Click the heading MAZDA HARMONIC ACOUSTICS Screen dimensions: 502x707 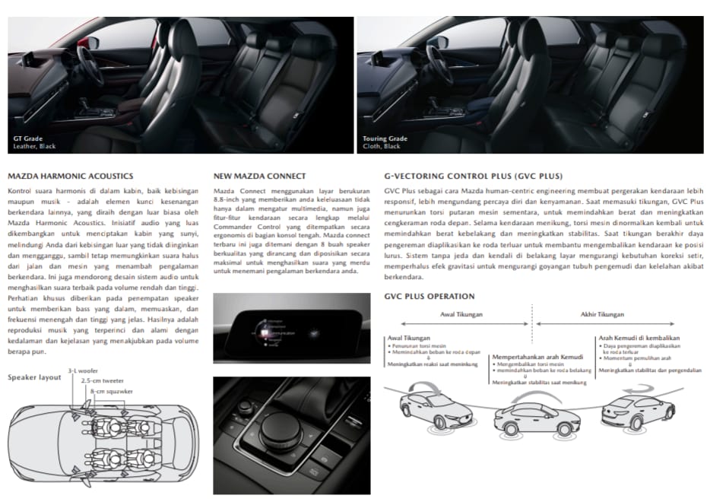[70, 176]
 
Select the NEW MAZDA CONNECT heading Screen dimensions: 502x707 [259, 176]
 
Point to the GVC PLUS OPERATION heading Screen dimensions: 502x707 [430, 296]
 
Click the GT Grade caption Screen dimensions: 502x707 [29, 138]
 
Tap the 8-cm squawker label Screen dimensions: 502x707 [111, 391]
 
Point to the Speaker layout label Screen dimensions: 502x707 [34, 377]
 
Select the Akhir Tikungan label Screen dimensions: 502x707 [601, 314]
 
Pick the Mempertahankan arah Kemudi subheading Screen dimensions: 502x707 [539, 357]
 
